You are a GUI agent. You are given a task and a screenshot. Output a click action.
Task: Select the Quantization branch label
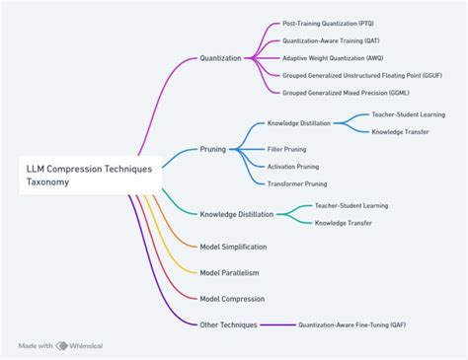[x=220, y=58]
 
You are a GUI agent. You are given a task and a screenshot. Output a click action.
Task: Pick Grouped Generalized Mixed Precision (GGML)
[x=345, y=92]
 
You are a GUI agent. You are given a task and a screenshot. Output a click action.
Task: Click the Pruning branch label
[x=212, y=149]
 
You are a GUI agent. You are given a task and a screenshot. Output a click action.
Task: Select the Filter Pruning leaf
[x=287, y=149]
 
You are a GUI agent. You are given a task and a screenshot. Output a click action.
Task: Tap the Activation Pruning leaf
[x=293, y=166]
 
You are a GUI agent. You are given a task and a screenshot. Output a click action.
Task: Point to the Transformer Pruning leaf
[x=297, y=182]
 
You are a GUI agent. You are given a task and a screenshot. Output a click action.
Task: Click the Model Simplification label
[x=233, y=247]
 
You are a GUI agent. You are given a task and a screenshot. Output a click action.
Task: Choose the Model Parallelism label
[x=229, y=272]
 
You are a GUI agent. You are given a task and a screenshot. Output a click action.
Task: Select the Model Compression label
[x=231, y=298]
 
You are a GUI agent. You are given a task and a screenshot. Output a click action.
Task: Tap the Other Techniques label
[x=228, y=324]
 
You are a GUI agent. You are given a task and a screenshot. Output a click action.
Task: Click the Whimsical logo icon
[x=61, y=345]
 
